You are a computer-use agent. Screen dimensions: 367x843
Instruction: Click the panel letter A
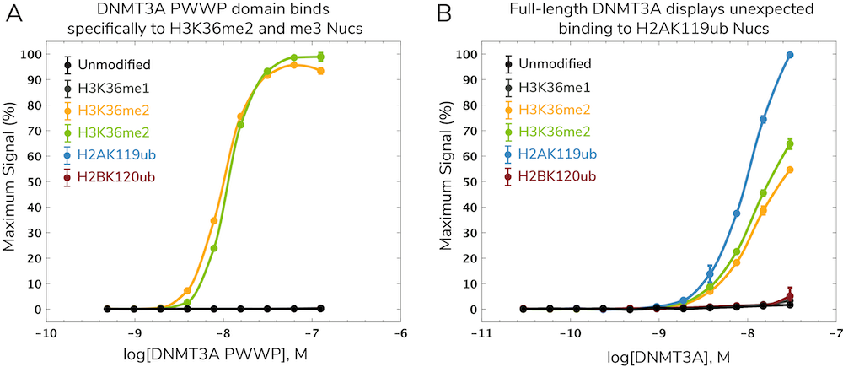[x=13, y=14]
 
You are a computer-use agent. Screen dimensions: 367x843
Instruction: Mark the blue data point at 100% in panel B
[x=790, y=55]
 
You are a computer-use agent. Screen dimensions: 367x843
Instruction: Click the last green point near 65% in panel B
[x=790, y=143]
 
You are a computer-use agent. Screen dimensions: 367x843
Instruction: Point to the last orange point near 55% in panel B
[x=790, y=170]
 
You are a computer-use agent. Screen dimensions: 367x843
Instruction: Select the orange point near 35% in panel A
[x=213, y=220]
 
